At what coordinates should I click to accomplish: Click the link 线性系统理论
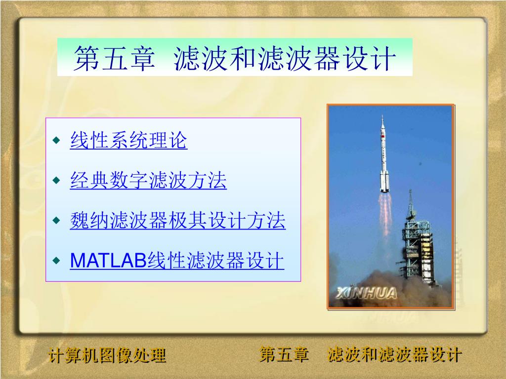(x=128, y=140)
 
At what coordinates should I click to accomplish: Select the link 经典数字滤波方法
(x=148, y=180)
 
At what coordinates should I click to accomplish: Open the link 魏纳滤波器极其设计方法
(x=178, y=221)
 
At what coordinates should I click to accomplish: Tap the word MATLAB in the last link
(x=109, y=261)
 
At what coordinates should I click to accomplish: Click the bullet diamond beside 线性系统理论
(x=56, y=140)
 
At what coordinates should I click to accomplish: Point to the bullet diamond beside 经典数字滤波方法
(x=56, y=180)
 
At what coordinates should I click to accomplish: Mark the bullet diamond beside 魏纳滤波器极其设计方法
(x=56, y=221)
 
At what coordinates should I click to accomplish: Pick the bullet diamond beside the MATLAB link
(x=56, y=261)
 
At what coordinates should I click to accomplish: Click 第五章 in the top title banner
(x=115, y=58)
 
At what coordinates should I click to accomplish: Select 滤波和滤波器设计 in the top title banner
(x=285, y=58)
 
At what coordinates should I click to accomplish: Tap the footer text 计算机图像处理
(x=107, y=355)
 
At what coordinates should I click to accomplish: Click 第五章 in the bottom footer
(x=284, y=354)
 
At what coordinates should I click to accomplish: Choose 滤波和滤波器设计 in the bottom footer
(x=395, y=354)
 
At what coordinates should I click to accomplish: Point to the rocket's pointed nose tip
(x=382, y=115)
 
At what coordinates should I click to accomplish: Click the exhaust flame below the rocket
(x=384, y=213)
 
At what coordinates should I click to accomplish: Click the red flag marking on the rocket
(x=383, y=136)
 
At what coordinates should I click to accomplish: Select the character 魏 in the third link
(x=80, y=221)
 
